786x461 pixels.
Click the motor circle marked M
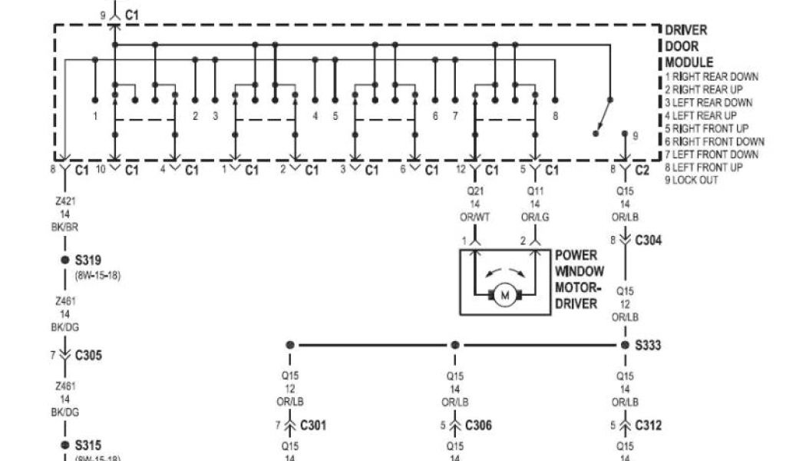504,295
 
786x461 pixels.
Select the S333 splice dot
625,345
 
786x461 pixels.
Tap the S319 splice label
88,260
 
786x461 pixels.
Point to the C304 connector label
648,240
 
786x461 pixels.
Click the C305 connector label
88,356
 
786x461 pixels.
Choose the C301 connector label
312,426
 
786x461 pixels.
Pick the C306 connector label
478,426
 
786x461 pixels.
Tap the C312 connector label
648,426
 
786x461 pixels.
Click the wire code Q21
475,192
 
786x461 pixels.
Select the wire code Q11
535,192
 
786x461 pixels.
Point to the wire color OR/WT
475,217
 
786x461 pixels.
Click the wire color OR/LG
535,217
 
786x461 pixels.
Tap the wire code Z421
66,201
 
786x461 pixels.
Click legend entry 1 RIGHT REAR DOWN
712,77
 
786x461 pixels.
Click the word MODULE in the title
689,62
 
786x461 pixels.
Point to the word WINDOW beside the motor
580,271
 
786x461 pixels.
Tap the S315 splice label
88,446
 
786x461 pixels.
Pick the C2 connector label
642,170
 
